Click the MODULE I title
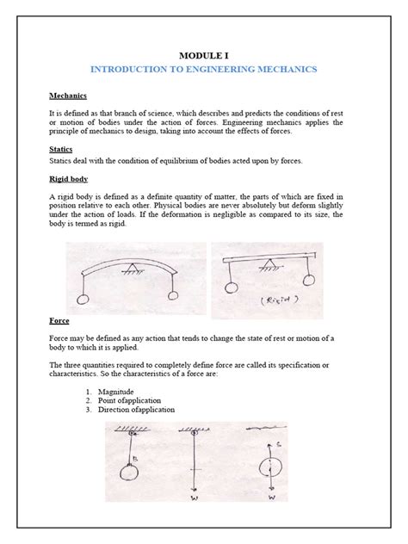click(203, 53)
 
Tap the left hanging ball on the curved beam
click(83, 300)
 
